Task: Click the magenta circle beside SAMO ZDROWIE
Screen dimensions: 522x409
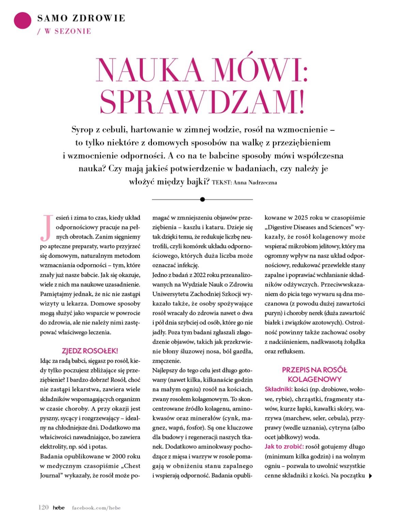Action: [x=22, y=21]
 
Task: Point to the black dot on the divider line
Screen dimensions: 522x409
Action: [x=202, y=199]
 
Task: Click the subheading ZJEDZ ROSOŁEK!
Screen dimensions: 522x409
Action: [x=90, y=351]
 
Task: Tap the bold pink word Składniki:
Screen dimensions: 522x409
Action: [x=278, y=389]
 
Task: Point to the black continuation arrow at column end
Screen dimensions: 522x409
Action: [x=371, y=476]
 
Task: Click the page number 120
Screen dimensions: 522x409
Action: [x=43, y=507]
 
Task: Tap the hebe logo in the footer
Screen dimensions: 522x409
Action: [x=59, y=507]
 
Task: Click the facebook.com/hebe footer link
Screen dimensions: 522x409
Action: [x=96, y=508]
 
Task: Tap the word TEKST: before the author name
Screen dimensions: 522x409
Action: [x=222, y=183]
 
